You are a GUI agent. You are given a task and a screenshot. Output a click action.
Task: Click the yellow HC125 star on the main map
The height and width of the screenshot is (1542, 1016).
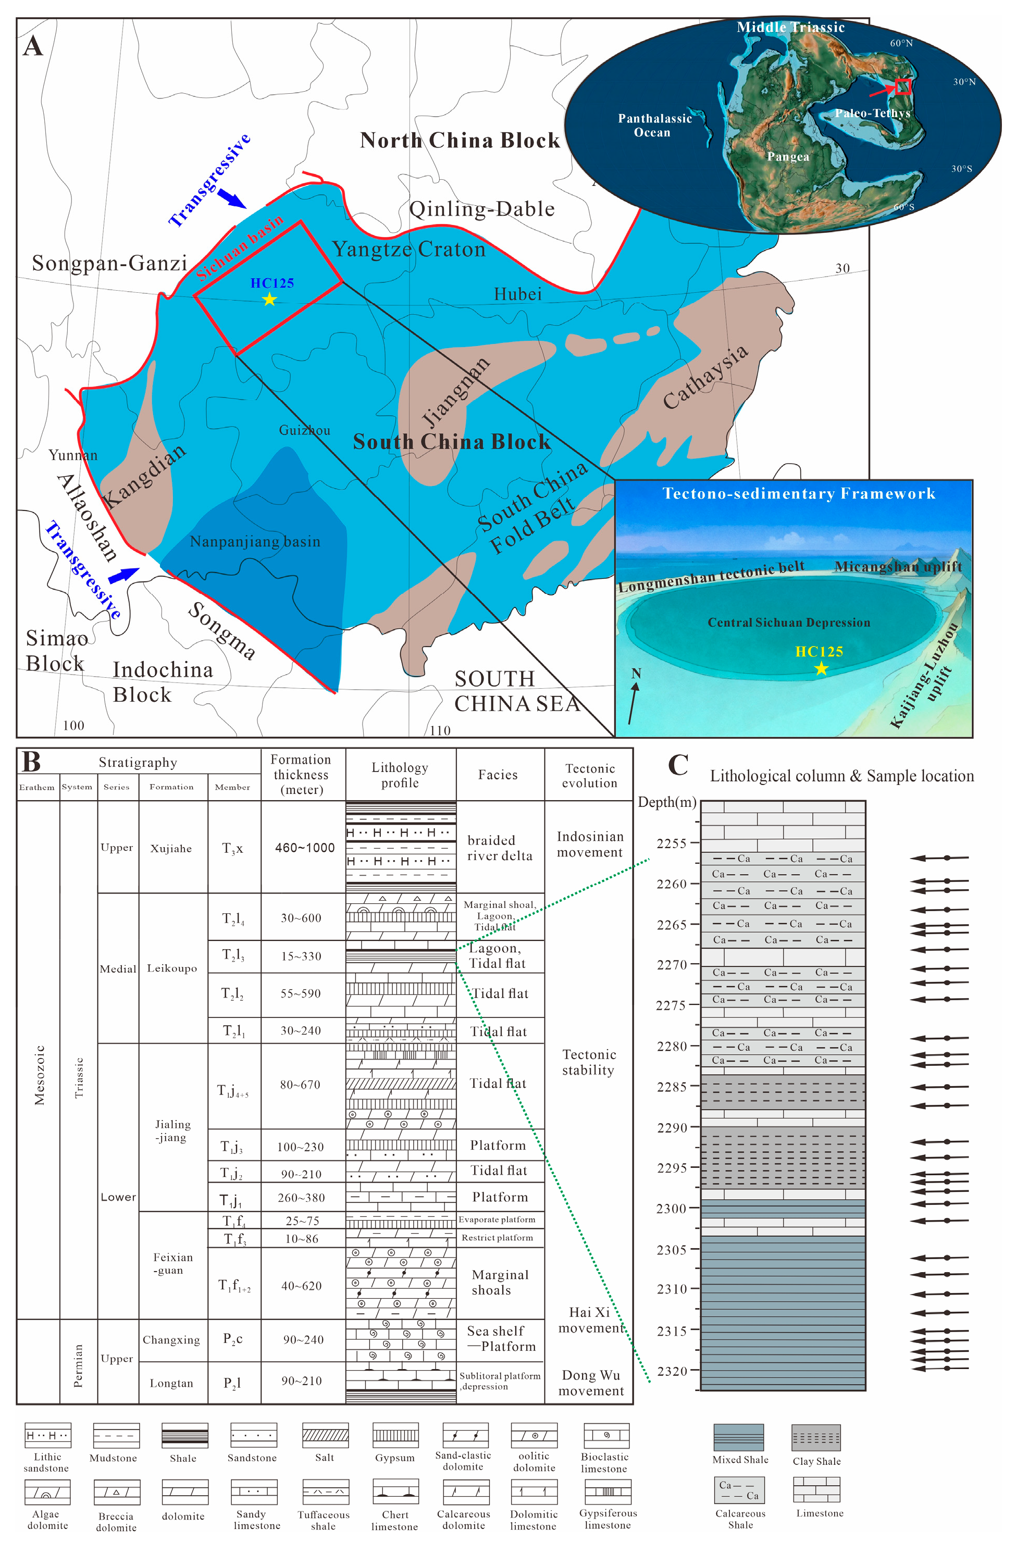point(269,300)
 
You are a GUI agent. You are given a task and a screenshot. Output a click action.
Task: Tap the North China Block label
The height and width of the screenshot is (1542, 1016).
point(460,141)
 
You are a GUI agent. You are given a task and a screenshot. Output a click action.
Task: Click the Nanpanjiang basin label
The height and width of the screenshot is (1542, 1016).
point(255,542)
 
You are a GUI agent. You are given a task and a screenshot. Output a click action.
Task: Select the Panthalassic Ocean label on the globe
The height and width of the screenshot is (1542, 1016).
point(654,125)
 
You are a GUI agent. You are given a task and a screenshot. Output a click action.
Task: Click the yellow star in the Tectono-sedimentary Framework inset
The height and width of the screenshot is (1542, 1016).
point(821,668)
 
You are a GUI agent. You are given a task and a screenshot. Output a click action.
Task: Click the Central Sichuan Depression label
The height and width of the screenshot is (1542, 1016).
point(788,623)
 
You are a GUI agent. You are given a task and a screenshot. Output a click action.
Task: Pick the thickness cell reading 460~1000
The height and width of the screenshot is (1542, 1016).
point(305,848)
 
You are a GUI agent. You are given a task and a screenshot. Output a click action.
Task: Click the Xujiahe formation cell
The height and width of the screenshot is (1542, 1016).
point(171,848)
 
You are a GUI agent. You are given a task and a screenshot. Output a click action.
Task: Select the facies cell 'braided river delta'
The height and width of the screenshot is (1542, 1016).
point(500,848)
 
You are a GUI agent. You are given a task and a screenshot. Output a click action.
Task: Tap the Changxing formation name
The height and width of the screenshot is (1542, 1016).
point(171,1340)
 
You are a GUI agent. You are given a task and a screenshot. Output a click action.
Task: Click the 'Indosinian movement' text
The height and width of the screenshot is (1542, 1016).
point(590,844)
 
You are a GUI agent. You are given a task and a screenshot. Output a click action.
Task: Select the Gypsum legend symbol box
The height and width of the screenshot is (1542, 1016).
point(395,1435)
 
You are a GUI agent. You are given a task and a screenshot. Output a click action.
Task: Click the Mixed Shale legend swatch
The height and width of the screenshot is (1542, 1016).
point(739,1437)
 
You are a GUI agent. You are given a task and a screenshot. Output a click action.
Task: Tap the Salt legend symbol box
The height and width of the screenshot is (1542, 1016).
point(325,1435)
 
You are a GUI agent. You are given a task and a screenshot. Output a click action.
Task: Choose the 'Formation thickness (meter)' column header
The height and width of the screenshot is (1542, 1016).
point(301,774)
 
